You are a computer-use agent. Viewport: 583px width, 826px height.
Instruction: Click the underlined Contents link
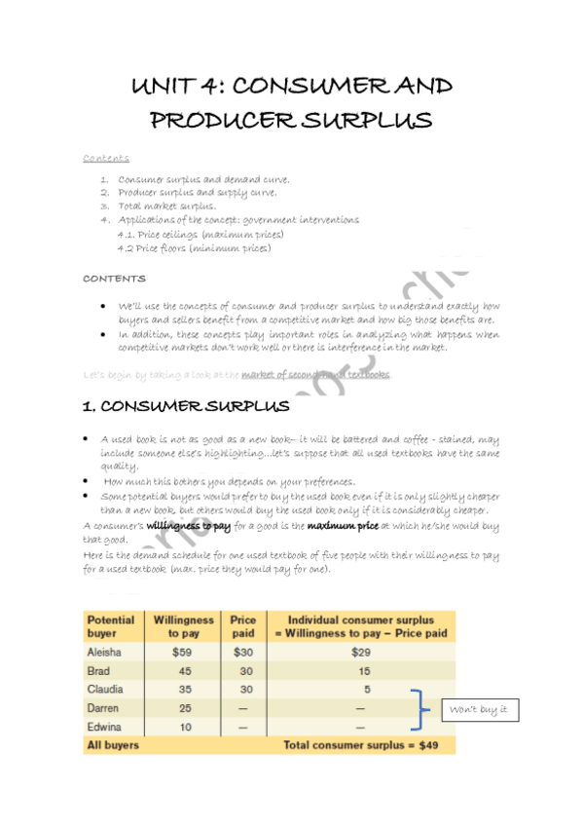coord(106,159)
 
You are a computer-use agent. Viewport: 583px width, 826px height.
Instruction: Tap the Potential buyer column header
coord(110,625)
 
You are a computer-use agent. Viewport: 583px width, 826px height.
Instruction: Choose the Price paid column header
coord(243,625)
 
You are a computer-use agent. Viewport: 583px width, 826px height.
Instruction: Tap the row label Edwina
coord(103,727)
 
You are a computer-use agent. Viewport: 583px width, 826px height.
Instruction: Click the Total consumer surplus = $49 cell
coord(354,745)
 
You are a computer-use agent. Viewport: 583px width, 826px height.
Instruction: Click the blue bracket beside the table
coord(421,708)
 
